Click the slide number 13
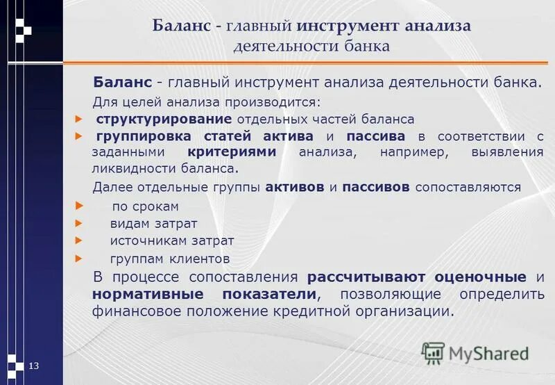coord(33,366)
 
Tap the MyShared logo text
coord(488,354)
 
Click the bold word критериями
coord(231,151)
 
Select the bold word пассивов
coord(379,187)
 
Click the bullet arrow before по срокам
coord(78,206)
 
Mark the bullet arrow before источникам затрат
coord(78,240)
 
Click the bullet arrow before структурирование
coord(78,119)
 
